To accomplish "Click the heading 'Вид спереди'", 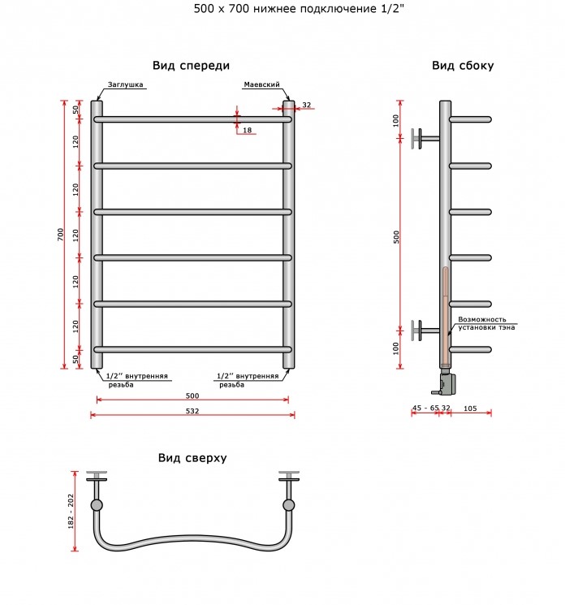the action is (191, 66).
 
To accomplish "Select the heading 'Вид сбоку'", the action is (463, 66).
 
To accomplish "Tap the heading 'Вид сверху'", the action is (192, 458).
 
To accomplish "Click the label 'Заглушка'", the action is (125, 84).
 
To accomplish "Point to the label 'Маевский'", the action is (261, 84).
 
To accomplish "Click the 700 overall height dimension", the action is (60, 235).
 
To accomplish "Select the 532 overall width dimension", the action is (192, 411).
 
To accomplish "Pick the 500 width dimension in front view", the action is (192, 395).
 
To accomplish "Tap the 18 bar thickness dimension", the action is (248, 130).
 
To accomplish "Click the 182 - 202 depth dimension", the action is (71, 512).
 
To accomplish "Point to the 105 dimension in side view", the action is (470, 408).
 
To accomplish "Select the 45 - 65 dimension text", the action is (425, 408).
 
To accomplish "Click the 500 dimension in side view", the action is (396, 237).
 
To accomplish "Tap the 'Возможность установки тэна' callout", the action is (486, 323).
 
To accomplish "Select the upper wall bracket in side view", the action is (425, 139).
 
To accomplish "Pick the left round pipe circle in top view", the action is (97, 505).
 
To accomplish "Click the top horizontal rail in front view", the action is (192, 119).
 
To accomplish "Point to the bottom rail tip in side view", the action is (490, 349).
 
